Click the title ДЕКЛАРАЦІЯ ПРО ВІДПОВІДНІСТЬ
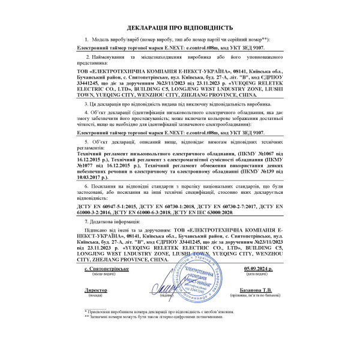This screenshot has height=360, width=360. pos(179,28)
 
